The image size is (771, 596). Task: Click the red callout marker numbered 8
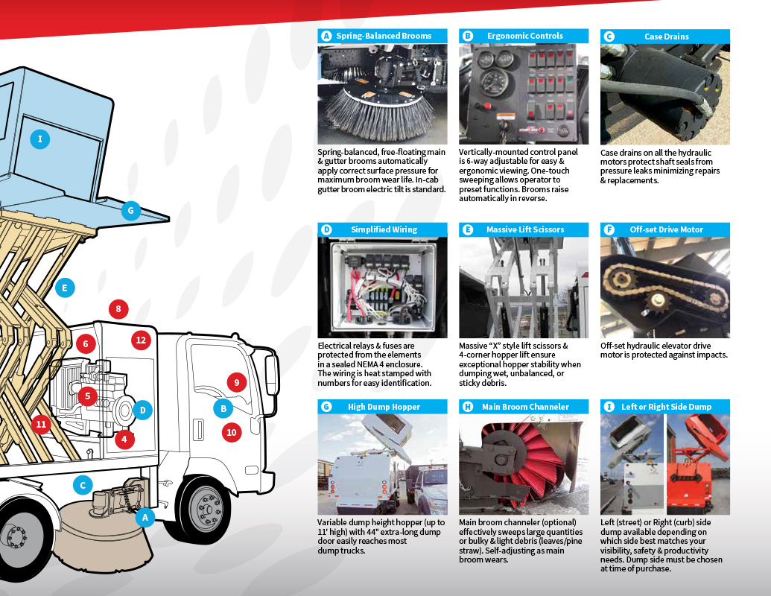pos(118,309)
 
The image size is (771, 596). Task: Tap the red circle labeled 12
pos(141,340)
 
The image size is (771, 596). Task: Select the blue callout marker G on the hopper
pos(131,211)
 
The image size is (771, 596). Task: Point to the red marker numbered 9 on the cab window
pos(237,383)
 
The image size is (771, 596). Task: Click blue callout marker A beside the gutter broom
pos(145,517)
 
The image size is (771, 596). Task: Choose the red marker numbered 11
pos(41,424)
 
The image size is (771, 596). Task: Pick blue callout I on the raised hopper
pos(40,139)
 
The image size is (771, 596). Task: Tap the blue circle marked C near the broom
pos(83,485)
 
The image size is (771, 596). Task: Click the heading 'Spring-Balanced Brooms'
pos(384,36)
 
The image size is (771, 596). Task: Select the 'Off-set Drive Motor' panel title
pos(666,229)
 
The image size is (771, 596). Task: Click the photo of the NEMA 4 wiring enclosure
pos(383,288)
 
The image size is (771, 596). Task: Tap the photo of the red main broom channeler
pos(524,464)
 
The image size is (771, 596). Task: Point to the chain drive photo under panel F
pos(664,288)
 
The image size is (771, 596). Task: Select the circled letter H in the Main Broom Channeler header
pos(468,407)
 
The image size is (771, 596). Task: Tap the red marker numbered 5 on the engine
pos(87,396)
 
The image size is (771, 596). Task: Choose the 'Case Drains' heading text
pos(666,37)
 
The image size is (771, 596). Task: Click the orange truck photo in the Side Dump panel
pos(698,464)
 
